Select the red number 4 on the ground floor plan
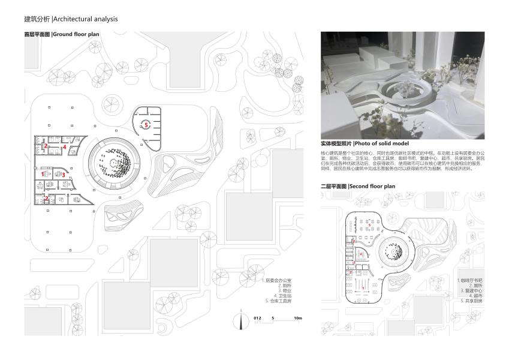tap(64, 146)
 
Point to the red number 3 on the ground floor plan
tap(63, 175)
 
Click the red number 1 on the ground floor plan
tap(43, 175)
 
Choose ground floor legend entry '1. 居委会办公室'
tap(276, 281)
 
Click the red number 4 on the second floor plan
tap(360, 255)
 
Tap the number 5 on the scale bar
tap(272, 317)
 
